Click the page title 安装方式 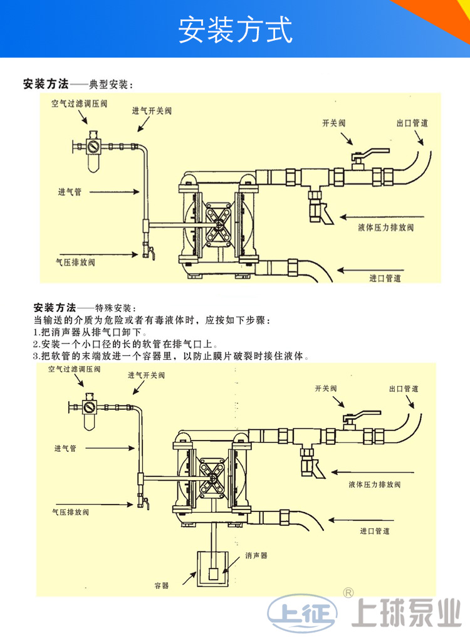pyautogui.click(x=235, y=29)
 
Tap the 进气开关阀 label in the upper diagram pyautogui.click(x=152, y=111)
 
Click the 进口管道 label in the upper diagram pyautogui.click(x=385, y=278)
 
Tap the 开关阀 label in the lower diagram pyautogui.click(x=326, y=389)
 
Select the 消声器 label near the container pyautogui.click(x=256, y=555)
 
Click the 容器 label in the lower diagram pyautogui.click(x=162, y=585)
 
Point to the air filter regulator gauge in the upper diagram pyautogui.click(x=93, y=148)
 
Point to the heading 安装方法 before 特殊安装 pyautogui.click(x=55, y=308)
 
